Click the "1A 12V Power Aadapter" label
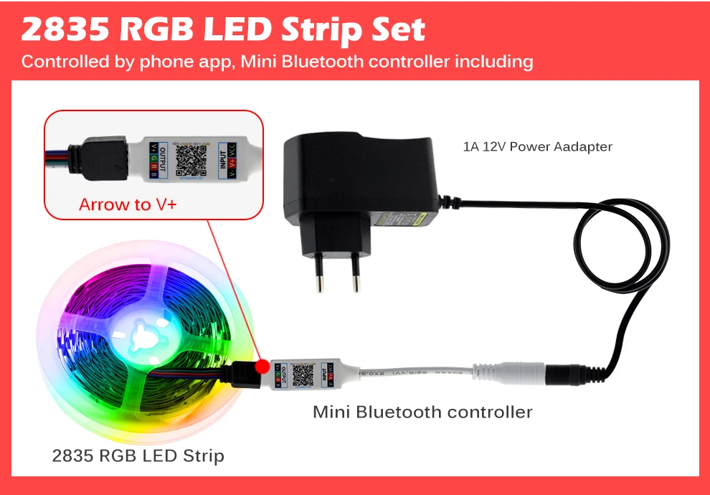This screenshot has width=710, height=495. click(537, 147)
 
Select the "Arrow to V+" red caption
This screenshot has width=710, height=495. click(128, 204)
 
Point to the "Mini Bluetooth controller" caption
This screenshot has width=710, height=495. click(422, 412)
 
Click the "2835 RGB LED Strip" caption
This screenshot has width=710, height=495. click(138, 455)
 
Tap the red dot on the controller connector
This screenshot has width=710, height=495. click(262, 366)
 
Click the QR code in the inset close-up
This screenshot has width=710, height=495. click(190, 156)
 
